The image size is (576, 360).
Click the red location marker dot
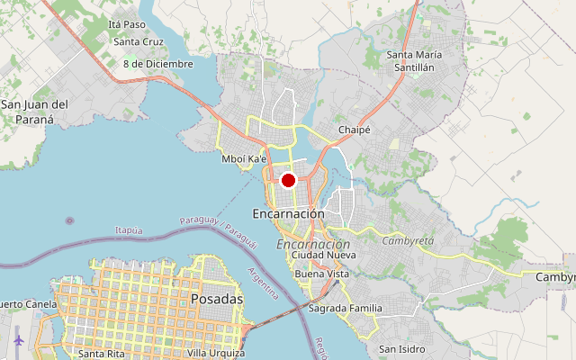point(289,180)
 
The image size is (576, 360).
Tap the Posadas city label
point(217,298)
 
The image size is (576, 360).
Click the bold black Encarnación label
point(288,214)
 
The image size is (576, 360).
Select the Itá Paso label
point(126,24)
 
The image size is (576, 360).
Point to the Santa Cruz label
point(139,41)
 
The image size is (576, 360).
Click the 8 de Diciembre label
point(158,64)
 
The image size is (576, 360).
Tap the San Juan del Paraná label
point(34,112)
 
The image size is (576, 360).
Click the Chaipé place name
point(355,130)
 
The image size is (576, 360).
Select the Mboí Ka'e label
point(244,159)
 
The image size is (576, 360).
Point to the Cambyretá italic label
point(408,241)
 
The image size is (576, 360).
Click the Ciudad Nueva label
point(324,256)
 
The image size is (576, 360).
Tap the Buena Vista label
point(321,274)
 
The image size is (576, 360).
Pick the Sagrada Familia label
point(345,309)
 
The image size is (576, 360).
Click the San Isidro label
point(400,348)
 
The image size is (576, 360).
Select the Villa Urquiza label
point(215,353)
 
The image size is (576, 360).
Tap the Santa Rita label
point(101,353)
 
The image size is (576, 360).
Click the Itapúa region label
point(129,231)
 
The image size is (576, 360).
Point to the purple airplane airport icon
point(20,340)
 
